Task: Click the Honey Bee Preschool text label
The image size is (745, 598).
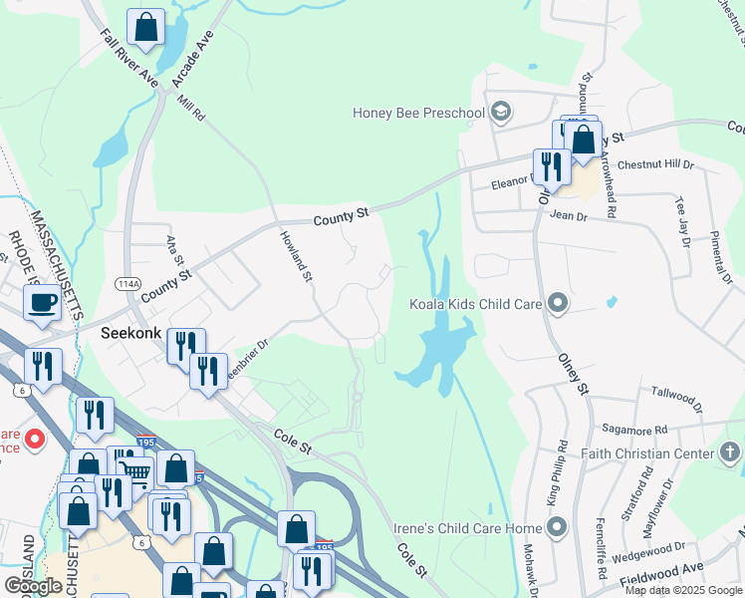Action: click(418, 112)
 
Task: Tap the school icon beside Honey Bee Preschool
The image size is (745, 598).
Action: click(501, 112)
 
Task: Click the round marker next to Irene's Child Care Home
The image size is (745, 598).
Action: click(557, 525)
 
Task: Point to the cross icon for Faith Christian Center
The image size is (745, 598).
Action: click(729, 453)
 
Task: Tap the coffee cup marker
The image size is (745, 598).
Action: click(42, 302)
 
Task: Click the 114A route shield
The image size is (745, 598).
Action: click(126, 284)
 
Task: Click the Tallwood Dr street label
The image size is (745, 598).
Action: click(676, 398)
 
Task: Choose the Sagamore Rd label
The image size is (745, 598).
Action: click(633, 428)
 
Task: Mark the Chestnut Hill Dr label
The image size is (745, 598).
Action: click(655, 164)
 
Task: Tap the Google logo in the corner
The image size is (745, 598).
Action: click(33, 585)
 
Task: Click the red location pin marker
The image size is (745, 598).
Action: click(34, 439)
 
